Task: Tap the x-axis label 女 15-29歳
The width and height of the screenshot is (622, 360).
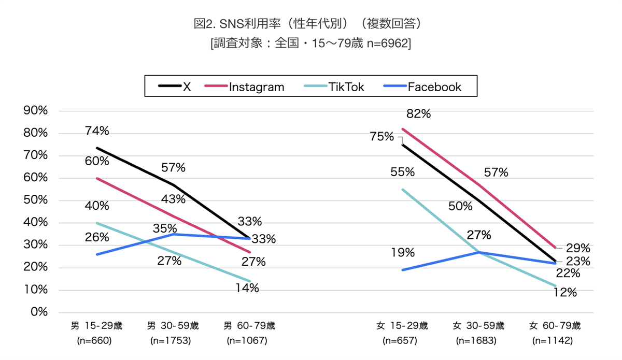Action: pyautogui.click(x=402, y=326)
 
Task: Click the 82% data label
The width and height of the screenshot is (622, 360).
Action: pyautogui.click(x=418, y=114)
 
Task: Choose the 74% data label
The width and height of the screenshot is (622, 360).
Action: pyautogui.click(x=97, y=131)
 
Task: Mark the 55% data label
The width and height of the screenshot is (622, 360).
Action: pyautogui.click(x=402, y=171)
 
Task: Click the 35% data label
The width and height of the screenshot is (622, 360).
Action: pyautogui.click(x=165, y=228)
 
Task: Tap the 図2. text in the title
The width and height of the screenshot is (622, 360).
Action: pyautogui.click(x=205, y=24)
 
